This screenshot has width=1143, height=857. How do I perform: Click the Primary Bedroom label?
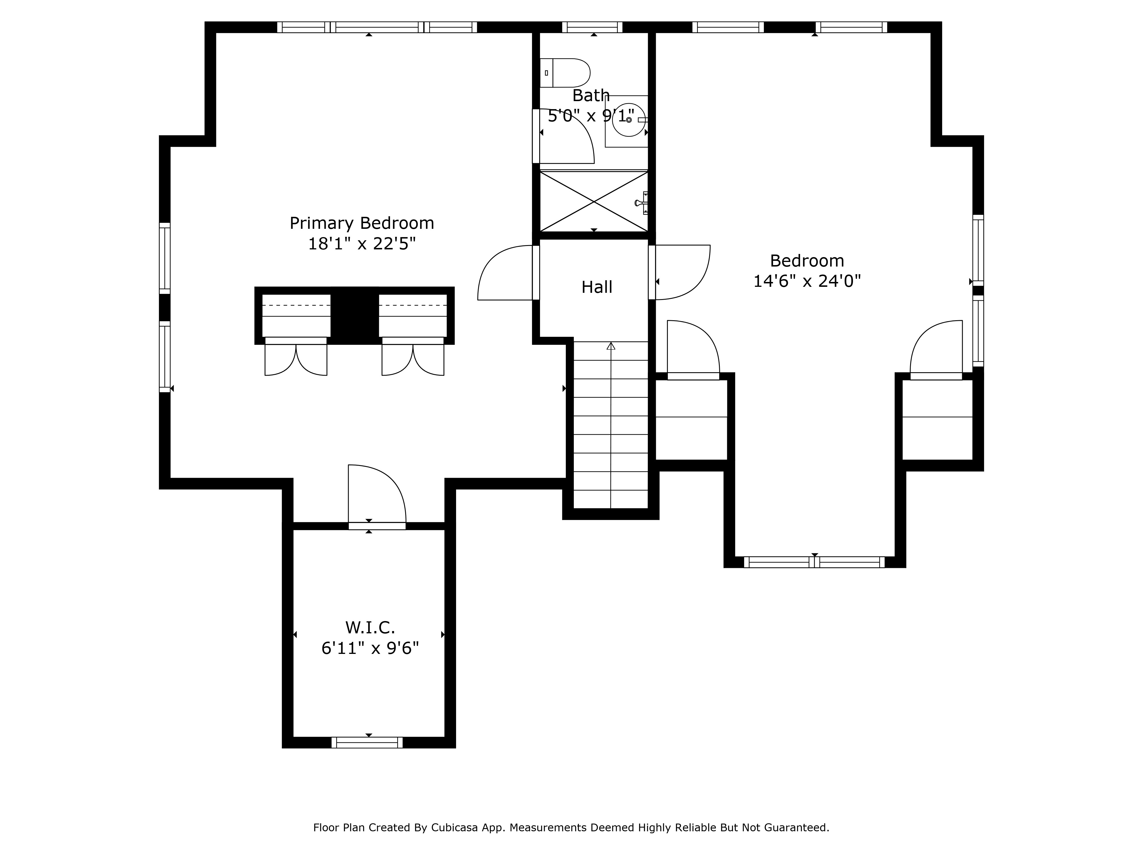click(362, 223)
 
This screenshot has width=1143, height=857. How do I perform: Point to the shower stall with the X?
click(593, 201)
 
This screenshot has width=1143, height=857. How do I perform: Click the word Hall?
click(597, 287)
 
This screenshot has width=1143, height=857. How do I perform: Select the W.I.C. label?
click(370, 628)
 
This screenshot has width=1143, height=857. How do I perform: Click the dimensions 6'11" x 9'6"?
click(370, 648)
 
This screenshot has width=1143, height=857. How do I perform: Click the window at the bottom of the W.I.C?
click(367, 743)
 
